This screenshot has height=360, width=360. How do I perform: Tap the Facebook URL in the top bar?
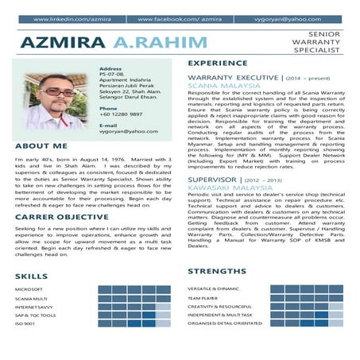click(179, 18)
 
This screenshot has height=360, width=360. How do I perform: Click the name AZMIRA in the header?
click(64, 41)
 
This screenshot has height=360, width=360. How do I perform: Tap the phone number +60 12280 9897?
click(122, 114)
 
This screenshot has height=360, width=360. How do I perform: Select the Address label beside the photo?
click(110, 69)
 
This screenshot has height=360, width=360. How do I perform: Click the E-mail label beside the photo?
click(108, 126)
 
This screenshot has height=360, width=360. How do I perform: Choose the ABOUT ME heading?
click(41, 146)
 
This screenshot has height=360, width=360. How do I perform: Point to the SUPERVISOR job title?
click(214, 180)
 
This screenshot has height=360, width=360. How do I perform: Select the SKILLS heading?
click(31, 276)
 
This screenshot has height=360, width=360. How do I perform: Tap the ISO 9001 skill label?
click(25, 323)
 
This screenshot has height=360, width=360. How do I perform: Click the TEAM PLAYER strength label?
click(203, 298)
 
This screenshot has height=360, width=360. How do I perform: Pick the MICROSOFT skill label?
click(29, 288)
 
